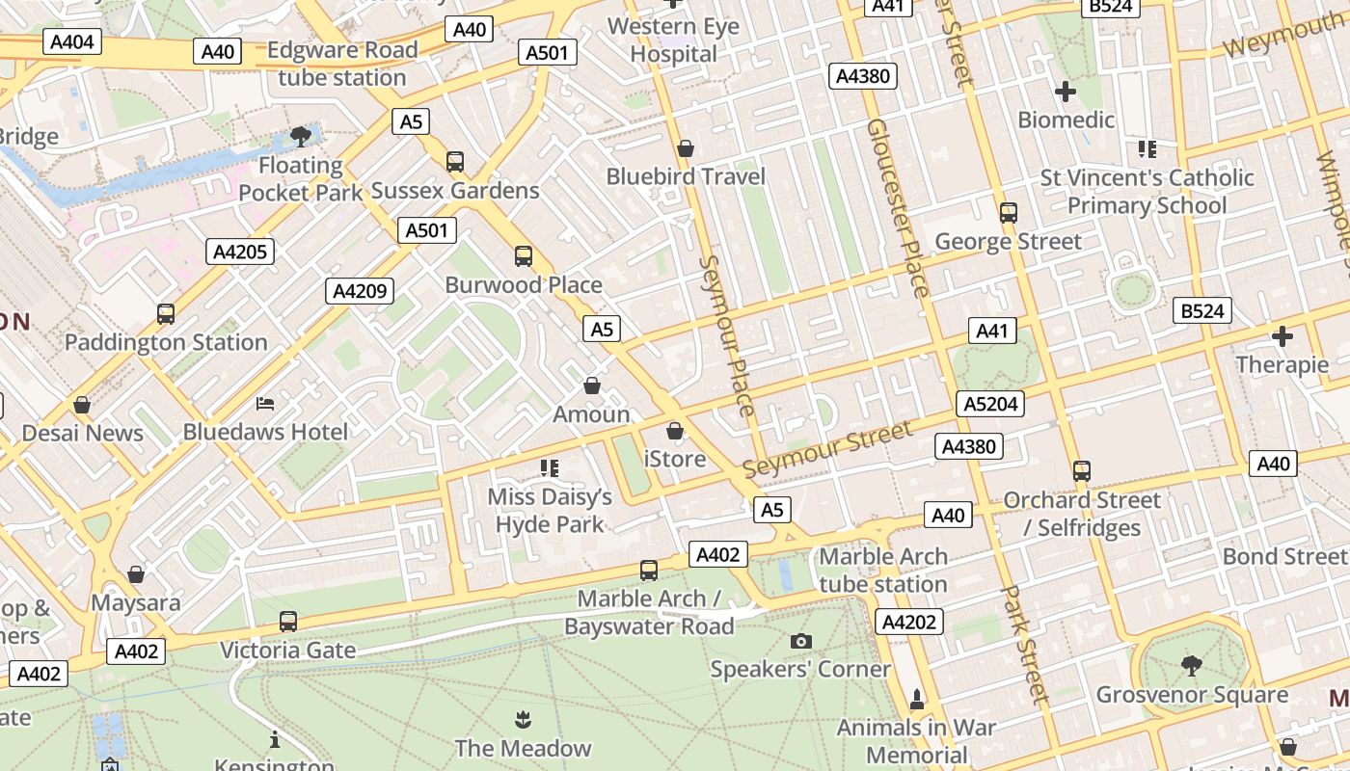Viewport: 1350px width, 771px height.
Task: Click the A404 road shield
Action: click(72, 41)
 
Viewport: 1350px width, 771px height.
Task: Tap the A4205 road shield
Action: click(240, 252)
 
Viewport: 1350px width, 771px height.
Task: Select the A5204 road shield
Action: click(991, 404)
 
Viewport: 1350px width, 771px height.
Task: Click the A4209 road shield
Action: click(359, 291)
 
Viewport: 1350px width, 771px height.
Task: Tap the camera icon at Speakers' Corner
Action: click(800, 641)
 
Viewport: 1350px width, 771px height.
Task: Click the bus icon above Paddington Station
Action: click(166, 313)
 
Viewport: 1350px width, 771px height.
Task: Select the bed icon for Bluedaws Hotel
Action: click(265, 403)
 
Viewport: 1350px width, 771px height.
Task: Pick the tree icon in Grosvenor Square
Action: click(1192, 665)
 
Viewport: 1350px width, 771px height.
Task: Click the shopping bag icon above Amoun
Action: click(592, 385)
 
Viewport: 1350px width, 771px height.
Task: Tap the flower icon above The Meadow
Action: click(522, 719)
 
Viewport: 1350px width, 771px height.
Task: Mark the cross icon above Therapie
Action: click(1282, 336)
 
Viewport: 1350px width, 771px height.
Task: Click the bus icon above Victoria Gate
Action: click(287, 622)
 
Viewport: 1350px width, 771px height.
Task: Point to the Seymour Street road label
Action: click(826, 450)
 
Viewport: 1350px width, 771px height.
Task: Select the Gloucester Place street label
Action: click(897, 207)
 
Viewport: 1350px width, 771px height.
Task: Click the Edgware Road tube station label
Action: click(342, 64)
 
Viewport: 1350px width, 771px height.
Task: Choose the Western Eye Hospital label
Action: click(674, 40)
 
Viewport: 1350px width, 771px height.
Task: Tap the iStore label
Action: click(675, 459)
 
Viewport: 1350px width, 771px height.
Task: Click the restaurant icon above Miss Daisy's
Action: click(550, 468)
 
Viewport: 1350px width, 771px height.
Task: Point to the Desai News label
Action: click(82, 433)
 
